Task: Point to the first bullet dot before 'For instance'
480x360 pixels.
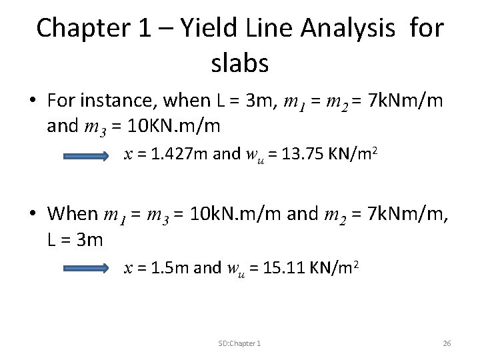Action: click(x=33, y=101)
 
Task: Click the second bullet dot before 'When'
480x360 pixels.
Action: click(x=33, y=215)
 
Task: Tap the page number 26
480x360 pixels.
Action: click(x=447, y=343)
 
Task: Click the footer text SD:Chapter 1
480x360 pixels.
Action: click(x=239, y=343)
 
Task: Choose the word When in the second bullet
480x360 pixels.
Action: click(x=73, y=214)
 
